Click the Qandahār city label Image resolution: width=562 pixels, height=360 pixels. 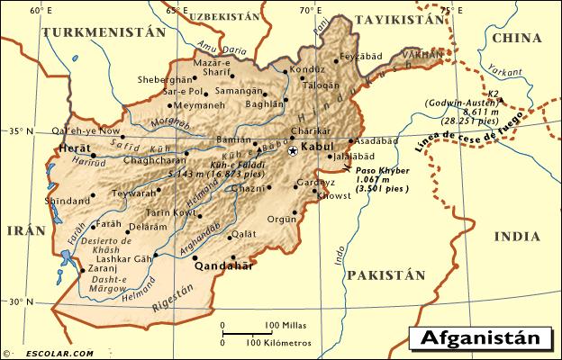click(x=222, y=266)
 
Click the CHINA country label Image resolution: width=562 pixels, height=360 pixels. click(x=517, y=39)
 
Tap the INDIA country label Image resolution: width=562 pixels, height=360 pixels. click(x=517, y=236)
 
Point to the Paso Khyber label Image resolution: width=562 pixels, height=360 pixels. click(x=381, y=170)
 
